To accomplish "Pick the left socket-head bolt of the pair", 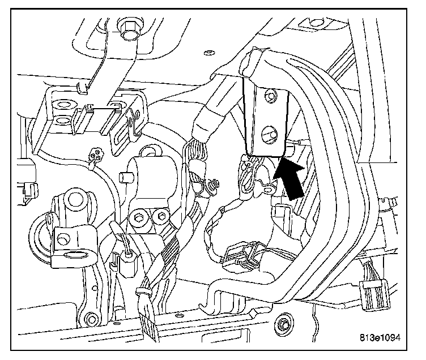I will (x=139, y=217).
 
